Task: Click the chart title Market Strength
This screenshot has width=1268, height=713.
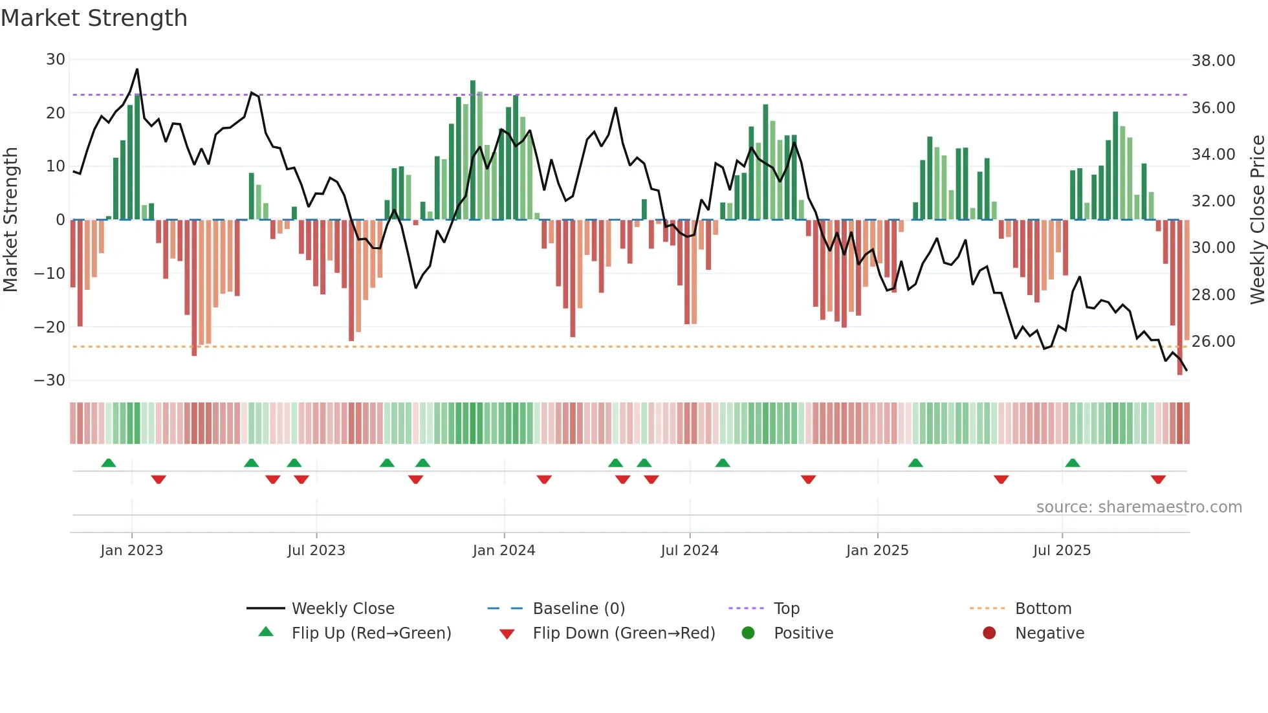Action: click(x=94, y=18)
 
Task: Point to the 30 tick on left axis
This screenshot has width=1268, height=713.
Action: click(x=56, y=60)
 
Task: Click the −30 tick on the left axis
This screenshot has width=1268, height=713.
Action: click(x=50, y=380)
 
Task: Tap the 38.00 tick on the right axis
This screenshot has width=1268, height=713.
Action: click(x=1213, y=61)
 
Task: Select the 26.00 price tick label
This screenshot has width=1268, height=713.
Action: click(x=1213, y=342)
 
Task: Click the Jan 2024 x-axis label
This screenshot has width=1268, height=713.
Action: click(x=504, y=551)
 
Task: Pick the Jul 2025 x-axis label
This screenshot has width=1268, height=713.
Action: click(x=1062, y=551)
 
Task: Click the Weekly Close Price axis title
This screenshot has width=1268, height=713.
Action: click(x=1257, y=220)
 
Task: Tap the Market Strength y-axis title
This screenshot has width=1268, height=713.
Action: click(x=11, y=220)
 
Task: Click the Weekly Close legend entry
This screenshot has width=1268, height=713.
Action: click(x=343, y=609)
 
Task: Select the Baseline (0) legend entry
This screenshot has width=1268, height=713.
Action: click(x=578, y=609)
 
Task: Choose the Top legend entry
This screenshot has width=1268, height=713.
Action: click(x=786, y=609)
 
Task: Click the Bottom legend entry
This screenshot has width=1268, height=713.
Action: click(x=1043, y=609)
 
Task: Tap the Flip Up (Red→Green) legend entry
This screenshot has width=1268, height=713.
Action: click(x=371, y=633)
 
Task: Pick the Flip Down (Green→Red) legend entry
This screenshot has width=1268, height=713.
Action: click(x=624, y=633)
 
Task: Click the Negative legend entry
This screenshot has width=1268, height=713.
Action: click(x=1049, y=633)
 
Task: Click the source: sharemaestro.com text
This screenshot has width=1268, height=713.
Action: click(x=1139, y=507)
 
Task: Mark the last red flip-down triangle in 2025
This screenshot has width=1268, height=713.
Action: click(x=1158, y=479)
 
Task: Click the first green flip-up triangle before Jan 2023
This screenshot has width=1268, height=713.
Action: click(x=109, y=463)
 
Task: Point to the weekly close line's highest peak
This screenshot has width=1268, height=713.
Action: click(x=137, y=69)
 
